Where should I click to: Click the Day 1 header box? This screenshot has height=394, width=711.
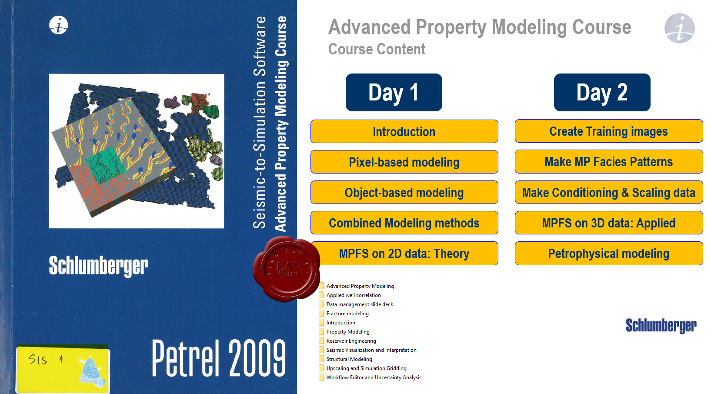pyautogui.click(x=394, y=92)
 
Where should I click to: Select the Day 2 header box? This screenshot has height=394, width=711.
pyautogui.click(x=602, y=92)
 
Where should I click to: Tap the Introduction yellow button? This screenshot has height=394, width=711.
pyautogui.click(x=404, y=131)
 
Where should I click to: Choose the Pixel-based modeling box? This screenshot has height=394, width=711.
pyautogui.click(x=404, y=162)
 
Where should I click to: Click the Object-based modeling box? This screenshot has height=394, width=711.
pyautogui.click(x=404, y=192)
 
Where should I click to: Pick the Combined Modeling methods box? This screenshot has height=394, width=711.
pyautogui.click(x=404, y=223)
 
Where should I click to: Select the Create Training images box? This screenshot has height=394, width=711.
pyautogui.click(x=609, y=131)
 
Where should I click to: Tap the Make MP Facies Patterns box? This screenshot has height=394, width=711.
pyautogui.click(x=609, y=162)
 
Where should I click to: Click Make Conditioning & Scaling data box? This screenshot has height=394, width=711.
pyautogui.click(x=609, y=192)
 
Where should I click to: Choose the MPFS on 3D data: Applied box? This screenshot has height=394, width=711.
pyautogui.click(x=609, y=223)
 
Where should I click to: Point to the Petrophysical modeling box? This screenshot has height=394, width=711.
pyautogui.click(x=609, y=254)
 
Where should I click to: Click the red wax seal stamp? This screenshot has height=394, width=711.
pyautogui.click(x=287, y=269)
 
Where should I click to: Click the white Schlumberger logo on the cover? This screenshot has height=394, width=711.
pyautogui.click(x=98, y=266)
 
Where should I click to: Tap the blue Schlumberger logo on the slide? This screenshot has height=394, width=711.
pyautogui.click(x=661, y=325)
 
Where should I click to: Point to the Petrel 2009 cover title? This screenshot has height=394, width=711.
pyautogui.click(x=219, y=358)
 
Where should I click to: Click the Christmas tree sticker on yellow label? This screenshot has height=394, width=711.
pyautogui.click(x=91, y=372)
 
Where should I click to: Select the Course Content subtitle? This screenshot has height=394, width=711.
pyautogui.click(x=377, y=49)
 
